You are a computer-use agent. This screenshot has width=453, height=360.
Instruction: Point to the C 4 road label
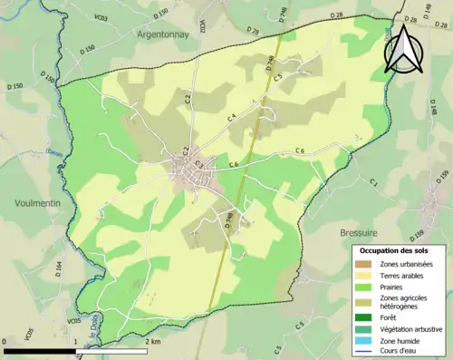[x=232, y=117]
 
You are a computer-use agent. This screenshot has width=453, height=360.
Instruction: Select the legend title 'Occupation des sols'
[x=400, y=250]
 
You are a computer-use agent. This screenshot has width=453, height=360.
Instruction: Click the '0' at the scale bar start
[x=5, y=342]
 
